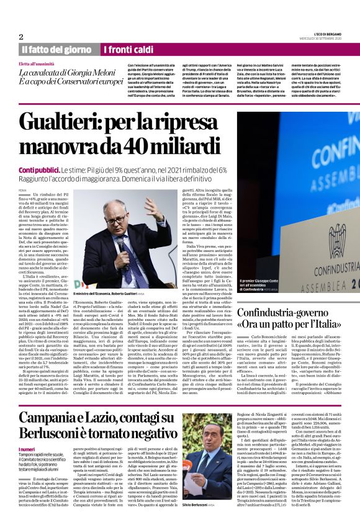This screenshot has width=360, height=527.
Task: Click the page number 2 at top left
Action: click(21, 36)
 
